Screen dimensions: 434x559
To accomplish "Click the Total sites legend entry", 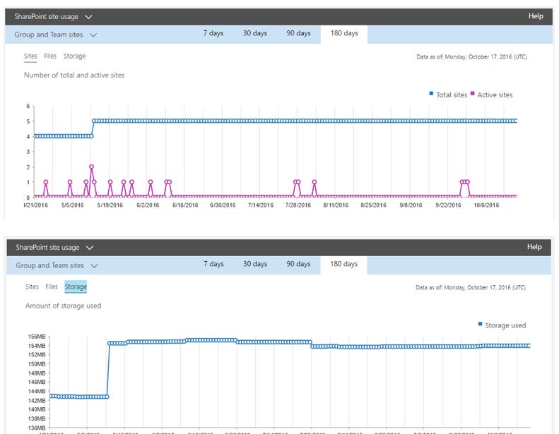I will click(x=451, y=95).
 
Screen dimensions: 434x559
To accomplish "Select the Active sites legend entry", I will click(x=495, y=95).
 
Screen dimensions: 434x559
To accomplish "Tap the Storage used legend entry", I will click(x=505, y=325).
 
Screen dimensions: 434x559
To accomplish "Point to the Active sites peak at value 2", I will click(x=92, y=167).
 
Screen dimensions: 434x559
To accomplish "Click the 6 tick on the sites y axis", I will click(x=28, y=107).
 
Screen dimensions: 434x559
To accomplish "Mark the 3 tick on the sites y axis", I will click(x=28, y=152).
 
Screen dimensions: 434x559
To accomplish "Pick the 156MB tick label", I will click(x=37, y=337).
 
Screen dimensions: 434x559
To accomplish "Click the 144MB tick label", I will click(x=37, y=392).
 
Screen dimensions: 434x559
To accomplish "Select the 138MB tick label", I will click(x=37, y=418).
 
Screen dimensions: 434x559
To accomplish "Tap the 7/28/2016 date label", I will click(x=298, y=205).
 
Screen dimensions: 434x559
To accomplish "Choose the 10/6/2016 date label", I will click(x=486, y=205).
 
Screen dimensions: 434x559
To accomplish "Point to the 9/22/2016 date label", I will click(x=447, y=205).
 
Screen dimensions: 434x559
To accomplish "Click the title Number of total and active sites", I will click(x=74, y=75).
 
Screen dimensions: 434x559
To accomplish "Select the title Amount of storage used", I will click(x=64, y=306).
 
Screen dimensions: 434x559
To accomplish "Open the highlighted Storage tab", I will click(x=76, y=287).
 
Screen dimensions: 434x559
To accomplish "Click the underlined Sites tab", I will click(x=30, y=56).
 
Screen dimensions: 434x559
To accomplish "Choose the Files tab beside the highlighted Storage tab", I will click(x=52, y=287).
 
